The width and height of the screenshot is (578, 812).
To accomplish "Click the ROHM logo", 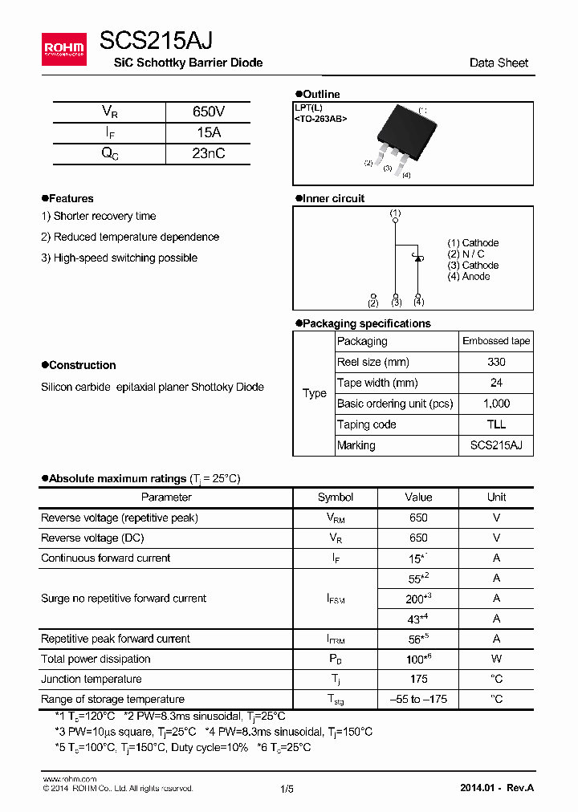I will [63, 49].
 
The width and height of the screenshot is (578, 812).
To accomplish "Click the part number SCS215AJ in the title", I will [156, 40].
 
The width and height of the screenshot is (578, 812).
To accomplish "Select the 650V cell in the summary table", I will [208, 112].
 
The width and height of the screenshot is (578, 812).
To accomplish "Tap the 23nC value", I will [208, 154].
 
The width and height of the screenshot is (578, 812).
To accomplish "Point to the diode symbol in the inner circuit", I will [418, 258].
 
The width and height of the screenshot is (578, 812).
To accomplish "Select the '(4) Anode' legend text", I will [469, 277].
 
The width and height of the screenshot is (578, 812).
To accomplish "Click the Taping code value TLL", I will [496, 424].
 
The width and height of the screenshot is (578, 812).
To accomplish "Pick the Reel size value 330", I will [496, 362].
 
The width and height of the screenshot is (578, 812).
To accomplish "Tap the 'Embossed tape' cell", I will [496, 341].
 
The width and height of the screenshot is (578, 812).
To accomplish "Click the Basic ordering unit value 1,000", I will [496, 404].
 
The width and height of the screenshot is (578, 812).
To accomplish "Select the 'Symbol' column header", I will [336, 497].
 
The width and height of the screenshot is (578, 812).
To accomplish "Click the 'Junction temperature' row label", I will [92, 679].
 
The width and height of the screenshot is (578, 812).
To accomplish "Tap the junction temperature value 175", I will [418, 679].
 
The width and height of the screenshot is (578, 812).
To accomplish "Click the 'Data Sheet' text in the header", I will [499, 63].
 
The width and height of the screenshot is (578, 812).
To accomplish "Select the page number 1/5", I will [287, 789].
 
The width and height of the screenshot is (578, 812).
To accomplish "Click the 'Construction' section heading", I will [82, 365].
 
